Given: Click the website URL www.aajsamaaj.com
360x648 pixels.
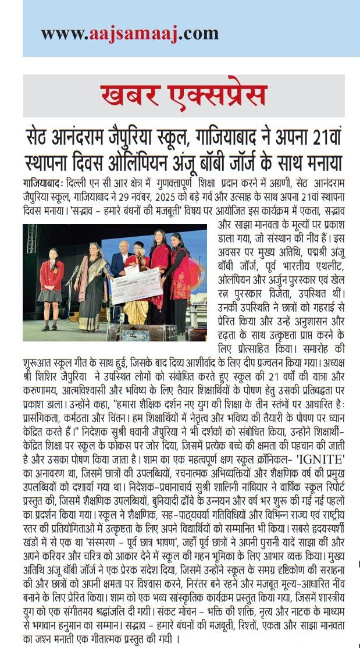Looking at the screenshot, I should click(129, 34).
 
